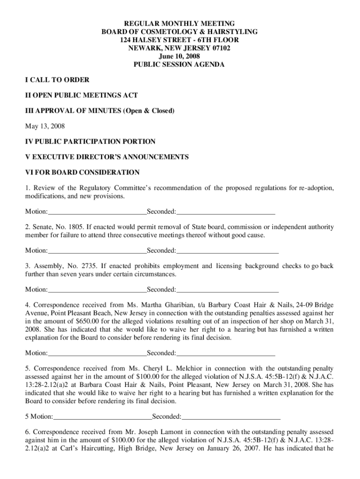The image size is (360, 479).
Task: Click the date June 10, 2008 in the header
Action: tap(179, 56)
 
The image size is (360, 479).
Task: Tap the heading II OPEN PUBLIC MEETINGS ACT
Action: tap(81, 95)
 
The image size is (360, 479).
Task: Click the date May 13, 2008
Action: tap(45, 126)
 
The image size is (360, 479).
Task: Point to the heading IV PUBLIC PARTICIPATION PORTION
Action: tap(90, 141)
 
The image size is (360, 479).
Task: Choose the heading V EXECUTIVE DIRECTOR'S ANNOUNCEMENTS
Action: tap(107, 157)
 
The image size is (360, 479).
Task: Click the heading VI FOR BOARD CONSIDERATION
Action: tap(82, 172)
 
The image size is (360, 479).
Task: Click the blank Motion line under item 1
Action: tap(97, 212)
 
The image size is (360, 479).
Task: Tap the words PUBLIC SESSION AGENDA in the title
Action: tap(179, 65)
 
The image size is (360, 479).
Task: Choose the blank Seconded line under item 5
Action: tap(231, 416)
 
